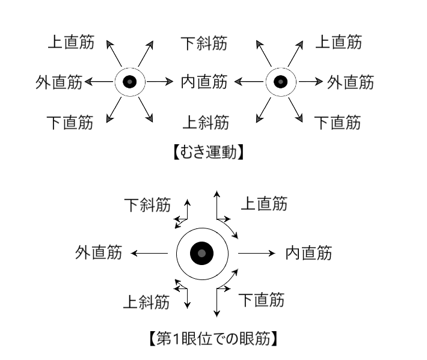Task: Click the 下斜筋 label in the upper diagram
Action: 204,43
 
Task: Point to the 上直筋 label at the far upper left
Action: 70,43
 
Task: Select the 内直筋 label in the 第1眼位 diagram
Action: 309,254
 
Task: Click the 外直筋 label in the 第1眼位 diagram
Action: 99,254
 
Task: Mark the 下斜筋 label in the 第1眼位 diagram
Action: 147,205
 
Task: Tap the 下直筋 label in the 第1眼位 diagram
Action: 262,299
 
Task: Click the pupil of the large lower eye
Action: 201,254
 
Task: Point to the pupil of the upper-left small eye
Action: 129,82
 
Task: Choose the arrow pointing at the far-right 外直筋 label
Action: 312,82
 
